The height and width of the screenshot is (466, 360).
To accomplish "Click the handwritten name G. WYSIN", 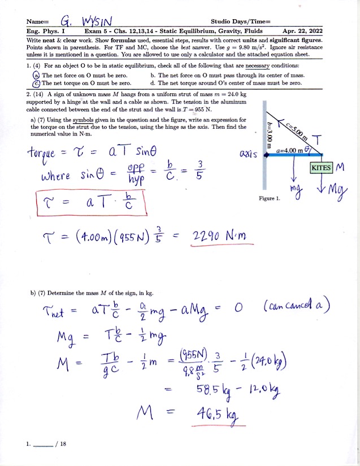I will click(81, 22).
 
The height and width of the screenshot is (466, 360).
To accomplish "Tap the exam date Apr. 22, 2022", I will click(302, 31).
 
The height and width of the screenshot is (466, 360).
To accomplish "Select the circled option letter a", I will click(37, 75).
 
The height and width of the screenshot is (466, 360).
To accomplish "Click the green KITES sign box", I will click(322, 168).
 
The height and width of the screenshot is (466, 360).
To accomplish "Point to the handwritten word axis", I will click(249, 154).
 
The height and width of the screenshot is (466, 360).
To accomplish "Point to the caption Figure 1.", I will click(270, 198).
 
